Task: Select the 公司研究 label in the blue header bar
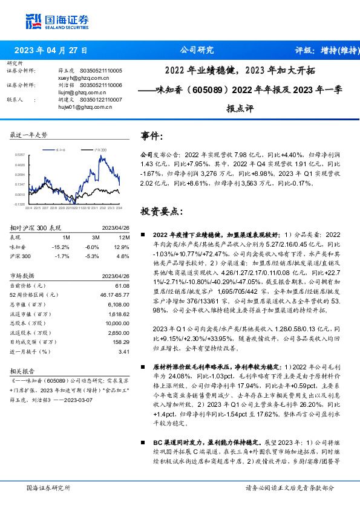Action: tap(197, 51)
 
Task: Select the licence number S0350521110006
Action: tap(100, 85)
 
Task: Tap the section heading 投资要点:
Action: tap(160, 212)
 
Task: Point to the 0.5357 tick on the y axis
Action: tap(20, 155)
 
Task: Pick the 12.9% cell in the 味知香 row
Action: tap(121, 247)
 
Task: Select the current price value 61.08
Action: tap(122, 285)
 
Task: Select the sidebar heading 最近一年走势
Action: tap(28, 135)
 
